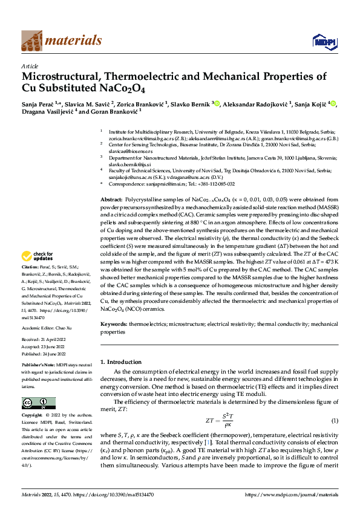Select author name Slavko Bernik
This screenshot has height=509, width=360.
pos(188,104)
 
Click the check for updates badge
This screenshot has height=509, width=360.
pos(38,273)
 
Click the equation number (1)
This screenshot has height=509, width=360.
pos(334,420)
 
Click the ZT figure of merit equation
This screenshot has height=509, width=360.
pos(218,420)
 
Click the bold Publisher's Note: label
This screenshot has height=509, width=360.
pos(39,366)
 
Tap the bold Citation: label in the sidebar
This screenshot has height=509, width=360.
pos(30,284)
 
